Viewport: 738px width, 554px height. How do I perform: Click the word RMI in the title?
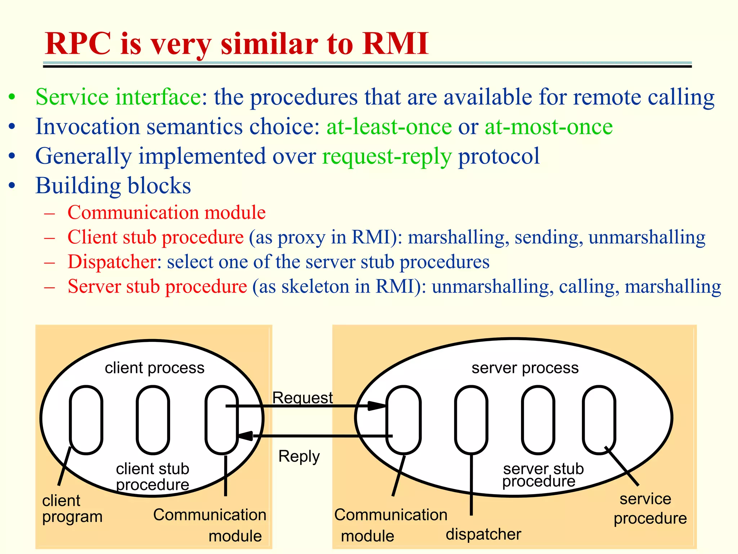[395, 43]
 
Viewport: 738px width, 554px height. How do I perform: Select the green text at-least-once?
[389, 127]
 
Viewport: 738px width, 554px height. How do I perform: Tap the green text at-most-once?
[548, 127]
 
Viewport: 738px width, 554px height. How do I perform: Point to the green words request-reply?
[387, 156]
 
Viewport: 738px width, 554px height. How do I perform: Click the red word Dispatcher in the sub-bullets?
[112, 261]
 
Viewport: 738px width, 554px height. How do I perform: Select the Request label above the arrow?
[302, 397]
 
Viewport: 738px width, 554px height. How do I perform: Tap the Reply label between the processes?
[299, 456]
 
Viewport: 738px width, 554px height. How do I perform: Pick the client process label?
[155, 368]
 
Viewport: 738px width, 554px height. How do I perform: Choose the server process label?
[525, 368]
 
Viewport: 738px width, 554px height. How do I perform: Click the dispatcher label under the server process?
[483, 534]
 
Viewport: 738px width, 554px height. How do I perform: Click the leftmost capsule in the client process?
[86, 419]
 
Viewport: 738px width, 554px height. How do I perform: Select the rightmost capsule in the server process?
[599, 419]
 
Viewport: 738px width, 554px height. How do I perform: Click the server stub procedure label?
[542, 475]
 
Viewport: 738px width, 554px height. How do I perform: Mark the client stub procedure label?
[152, 476]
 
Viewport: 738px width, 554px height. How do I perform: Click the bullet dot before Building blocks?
[12, 186]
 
